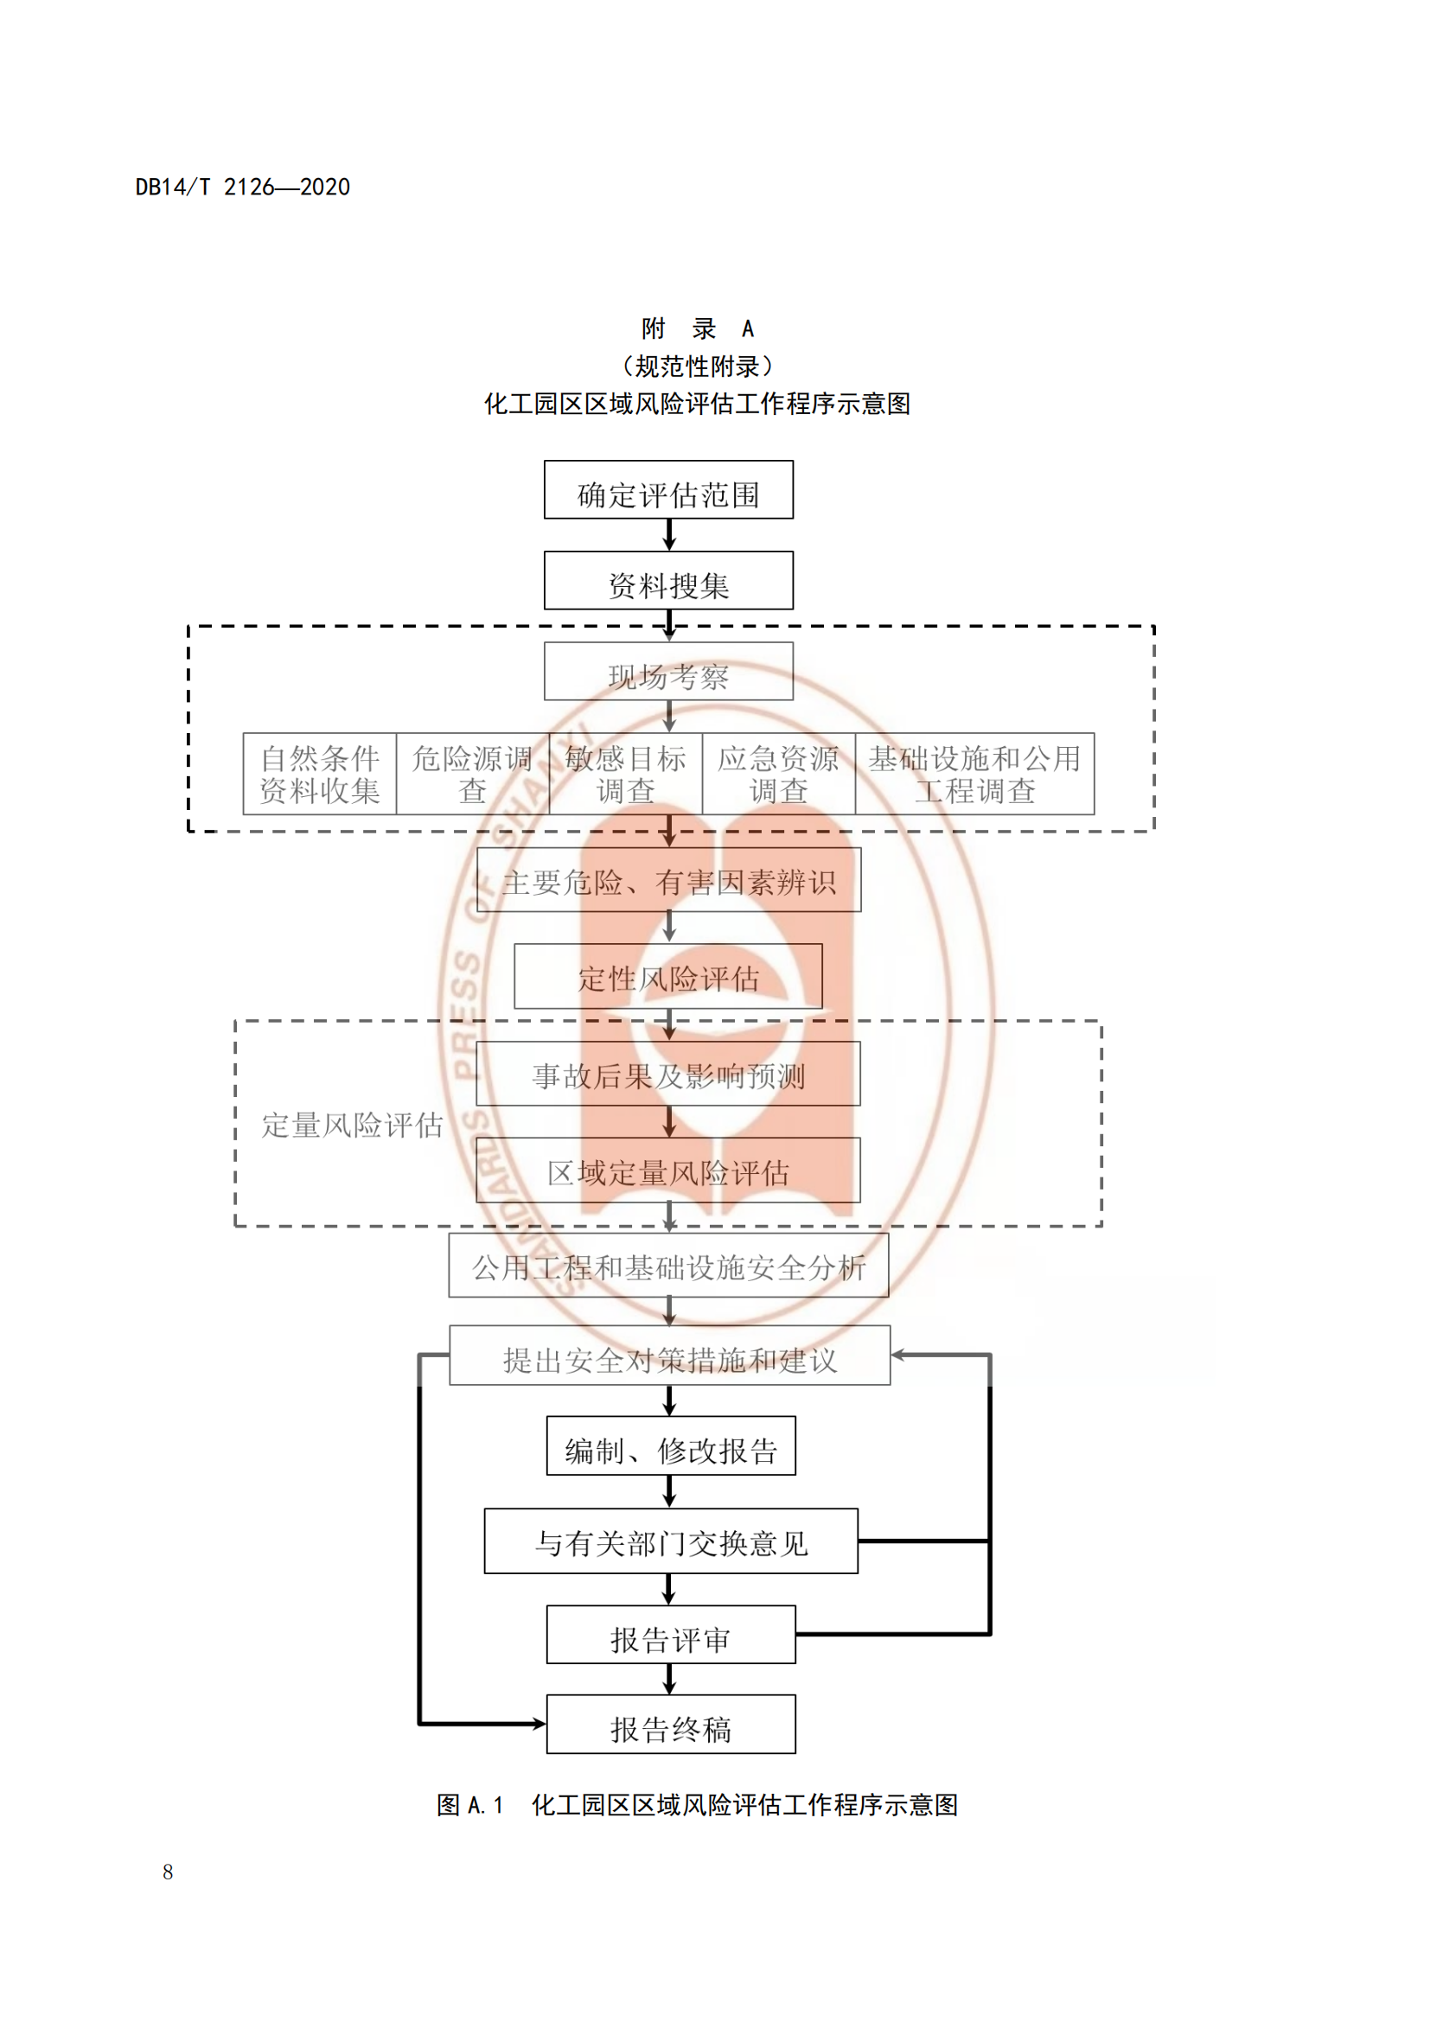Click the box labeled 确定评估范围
[668, 489]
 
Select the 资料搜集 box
[668, 580]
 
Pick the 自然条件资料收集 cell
[320, 773]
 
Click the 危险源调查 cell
[473, 773]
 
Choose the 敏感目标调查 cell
[625, 773]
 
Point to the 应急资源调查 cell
[778, 773]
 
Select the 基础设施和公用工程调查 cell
[974, 773]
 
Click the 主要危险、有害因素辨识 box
[668, 880]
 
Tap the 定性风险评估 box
[668, 976]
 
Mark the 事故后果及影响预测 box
[668, 1074]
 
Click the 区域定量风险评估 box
[668, 1170]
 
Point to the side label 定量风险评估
[351, 1125]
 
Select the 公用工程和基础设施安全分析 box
[668, 1266]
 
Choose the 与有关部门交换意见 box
[671, 1541]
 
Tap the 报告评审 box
[671, 1635]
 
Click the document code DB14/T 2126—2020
[242, 187]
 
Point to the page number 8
[168, 1872]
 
